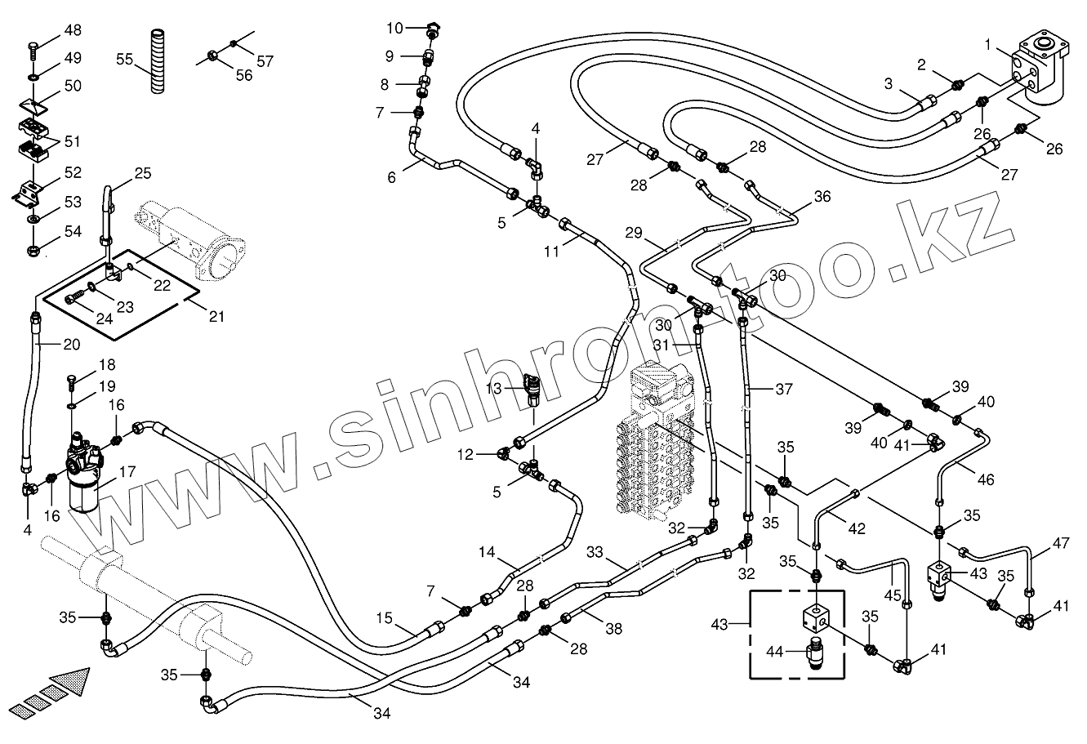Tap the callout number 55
tap(125, 60)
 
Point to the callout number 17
tap(127, 471)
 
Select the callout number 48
tap(73, 31)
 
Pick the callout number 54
tap(73, 231)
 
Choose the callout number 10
tap(395, 29)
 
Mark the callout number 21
tap(215, 316)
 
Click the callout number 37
tap(784, 390)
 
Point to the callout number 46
tap(986, 479)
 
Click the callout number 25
tap(143, 173)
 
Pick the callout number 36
tap(822, 197)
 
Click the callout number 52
tap(73, 173)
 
